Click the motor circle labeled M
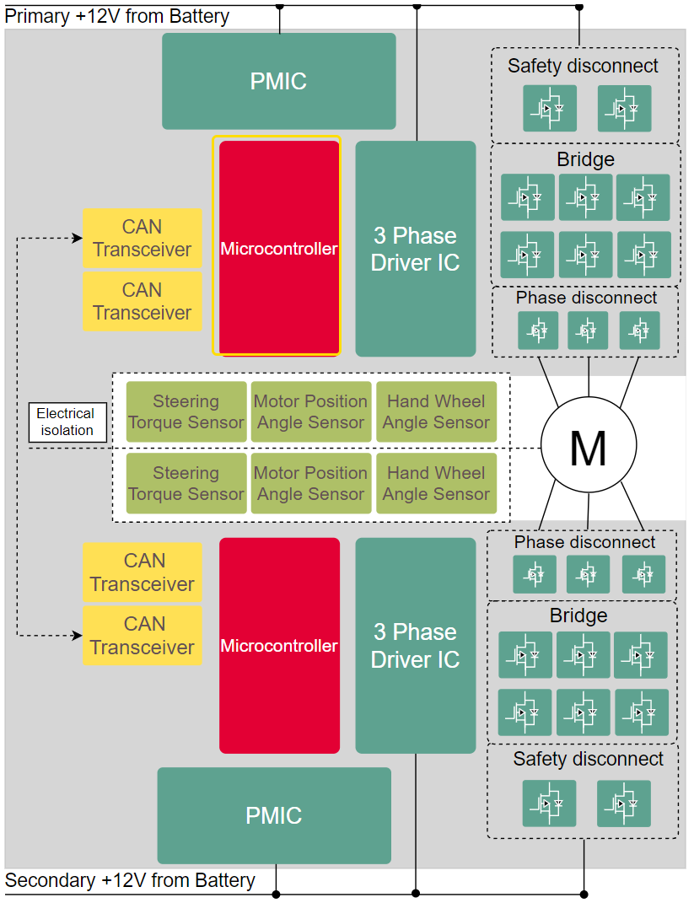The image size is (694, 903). [x=588, y=447]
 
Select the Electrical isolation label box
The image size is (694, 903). [x=66, y=422]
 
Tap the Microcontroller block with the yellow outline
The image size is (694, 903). [x=279, y=248]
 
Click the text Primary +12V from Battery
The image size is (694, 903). [x=117, y=16]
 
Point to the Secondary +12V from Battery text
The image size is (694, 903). [x=130, y=881]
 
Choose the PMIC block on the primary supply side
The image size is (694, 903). [x=278, y=81]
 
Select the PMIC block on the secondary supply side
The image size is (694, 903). [x=274, y=815]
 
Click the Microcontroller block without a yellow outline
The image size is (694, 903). [x=279, y=645]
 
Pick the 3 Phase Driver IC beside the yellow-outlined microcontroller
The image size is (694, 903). [x=415, y=248]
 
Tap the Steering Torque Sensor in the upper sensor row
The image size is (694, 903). [x=186, y=411]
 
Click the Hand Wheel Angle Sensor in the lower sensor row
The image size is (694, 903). [x=436, y=483]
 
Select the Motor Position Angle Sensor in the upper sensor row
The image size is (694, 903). [x=311, y=411]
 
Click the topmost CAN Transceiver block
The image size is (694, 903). [x=142, y=238]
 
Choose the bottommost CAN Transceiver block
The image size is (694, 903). [x=142, y=635]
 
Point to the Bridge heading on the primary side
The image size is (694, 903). [x=585, y=159]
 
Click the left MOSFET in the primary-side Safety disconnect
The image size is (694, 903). [x=549, y=108]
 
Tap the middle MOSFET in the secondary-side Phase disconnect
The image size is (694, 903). [x=588, y=574]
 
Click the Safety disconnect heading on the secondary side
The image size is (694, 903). [x=588, y=759]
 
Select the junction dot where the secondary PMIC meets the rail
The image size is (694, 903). [x=277, y=894]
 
